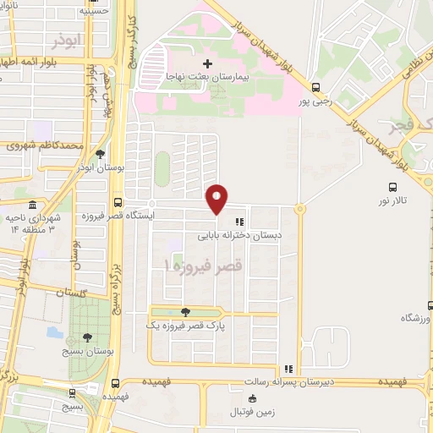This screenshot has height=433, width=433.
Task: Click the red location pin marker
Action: tap(217, 198)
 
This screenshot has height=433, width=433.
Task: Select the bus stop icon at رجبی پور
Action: tap(315, 86)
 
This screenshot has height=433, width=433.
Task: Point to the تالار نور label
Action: tap(392, 201)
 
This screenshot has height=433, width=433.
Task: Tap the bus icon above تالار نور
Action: tap(392, 187)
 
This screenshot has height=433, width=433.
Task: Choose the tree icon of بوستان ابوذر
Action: tap(101, 154)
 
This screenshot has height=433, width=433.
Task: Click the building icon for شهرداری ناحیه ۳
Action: tap(32, 206)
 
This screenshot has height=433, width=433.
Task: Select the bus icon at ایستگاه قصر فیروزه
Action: tap(117, 203)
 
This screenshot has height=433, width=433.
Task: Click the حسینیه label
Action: tap(94, 11)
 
